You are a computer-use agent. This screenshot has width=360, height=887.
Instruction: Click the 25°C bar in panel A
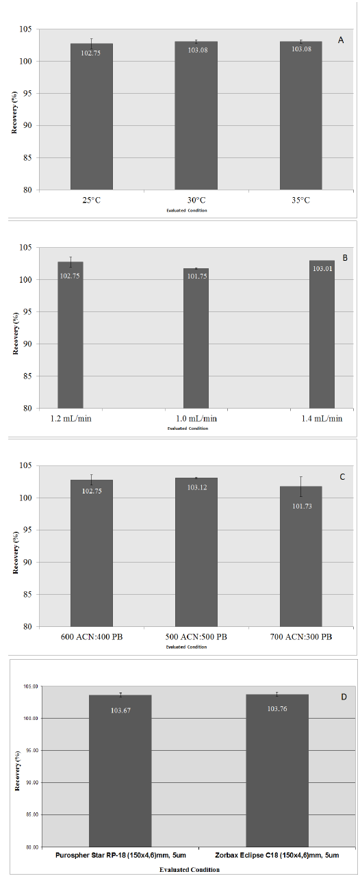92,116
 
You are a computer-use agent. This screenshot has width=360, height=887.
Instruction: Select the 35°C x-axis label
301,201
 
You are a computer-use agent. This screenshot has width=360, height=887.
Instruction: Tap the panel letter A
341,40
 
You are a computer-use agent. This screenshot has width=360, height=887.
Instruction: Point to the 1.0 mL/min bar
196,338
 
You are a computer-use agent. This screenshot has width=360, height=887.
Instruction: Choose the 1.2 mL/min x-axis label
71,419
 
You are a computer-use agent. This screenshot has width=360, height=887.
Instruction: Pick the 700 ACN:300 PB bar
301,556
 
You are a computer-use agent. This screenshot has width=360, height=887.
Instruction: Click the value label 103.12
197,487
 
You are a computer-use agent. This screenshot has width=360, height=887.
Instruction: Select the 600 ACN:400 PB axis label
92,637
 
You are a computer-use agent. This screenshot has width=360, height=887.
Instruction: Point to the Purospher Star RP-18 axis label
120,856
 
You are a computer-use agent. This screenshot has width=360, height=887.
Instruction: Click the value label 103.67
120,710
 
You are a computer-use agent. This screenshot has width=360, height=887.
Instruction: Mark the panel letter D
344,697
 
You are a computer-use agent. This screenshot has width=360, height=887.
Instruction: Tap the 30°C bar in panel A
196,116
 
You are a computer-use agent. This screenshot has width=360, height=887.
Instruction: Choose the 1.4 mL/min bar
322,334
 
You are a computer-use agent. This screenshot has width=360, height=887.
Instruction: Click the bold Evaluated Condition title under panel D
190,870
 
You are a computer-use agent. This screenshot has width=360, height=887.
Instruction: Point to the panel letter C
343,477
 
